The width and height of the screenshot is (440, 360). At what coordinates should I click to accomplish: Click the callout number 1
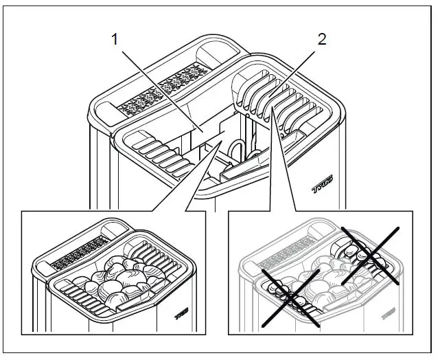pyautogui.click(x=115, y=40)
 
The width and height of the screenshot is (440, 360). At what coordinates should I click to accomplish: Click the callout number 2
pyautogui.click(x=321, y=40)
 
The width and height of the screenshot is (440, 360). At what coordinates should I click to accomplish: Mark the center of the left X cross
pyautogui.click(x=292, y=297)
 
